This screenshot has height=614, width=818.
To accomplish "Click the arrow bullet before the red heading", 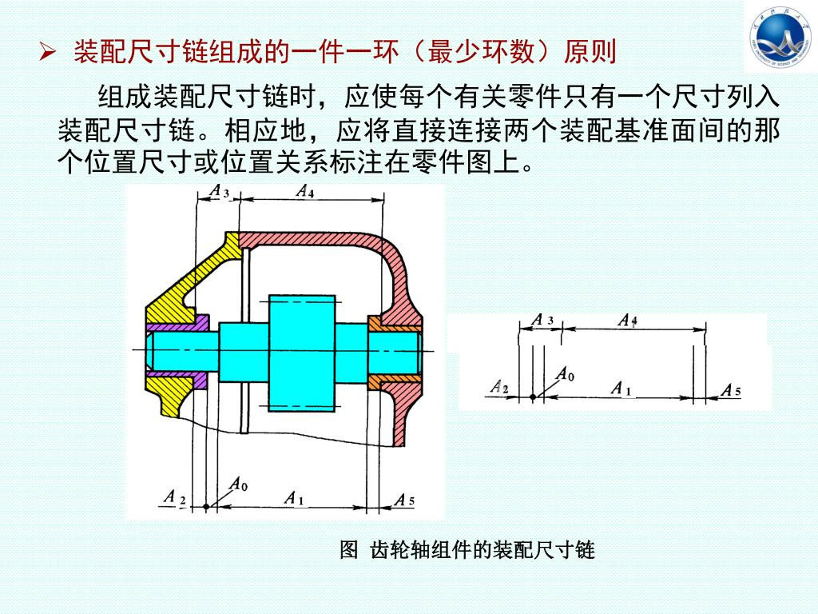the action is click(x=48, y=54).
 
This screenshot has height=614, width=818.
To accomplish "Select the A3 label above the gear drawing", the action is click(x=220, y=192).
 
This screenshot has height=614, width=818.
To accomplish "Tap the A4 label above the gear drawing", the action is click(x=304, y=191).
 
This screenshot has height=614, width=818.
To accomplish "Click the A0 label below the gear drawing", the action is click(x=238, y=484).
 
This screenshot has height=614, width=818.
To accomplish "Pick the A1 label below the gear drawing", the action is click(x=294, y=498).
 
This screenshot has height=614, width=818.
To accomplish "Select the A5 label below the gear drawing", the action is click(x=404, y=500).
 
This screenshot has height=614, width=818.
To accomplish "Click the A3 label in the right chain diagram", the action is click(x=543, y=320).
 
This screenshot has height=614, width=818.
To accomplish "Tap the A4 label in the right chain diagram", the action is click(x=628, y=321).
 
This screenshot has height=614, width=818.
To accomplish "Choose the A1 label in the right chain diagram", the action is click(x=621, y=389).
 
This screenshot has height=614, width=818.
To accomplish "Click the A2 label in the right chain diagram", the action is click(x=501, y=388).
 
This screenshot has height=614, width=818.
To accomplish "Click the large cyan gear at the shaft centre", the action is click(x=297, y=352).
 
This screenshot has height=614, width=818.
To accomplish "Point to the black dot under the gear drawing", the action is click(x=206, y=507).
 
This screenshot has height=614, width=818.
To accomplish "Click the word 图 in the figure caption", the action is click(x=348, y=550).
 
